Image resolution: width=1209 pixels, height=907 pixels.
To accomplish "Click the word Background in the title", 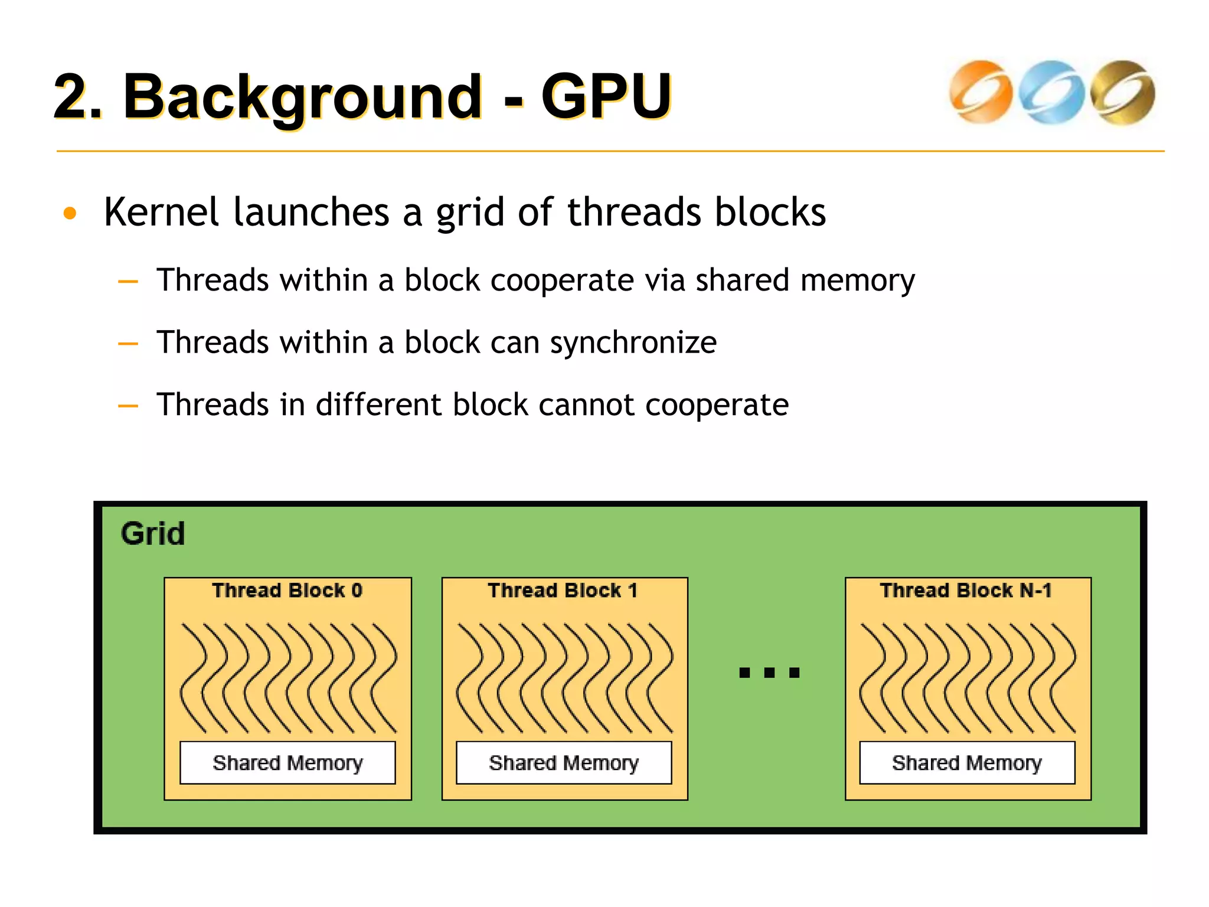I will pyautogui.click(x=302, y=96).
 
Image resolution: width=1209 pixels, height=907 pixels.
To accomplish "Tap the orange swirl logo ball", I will pyautogui.click(x=981, y=92).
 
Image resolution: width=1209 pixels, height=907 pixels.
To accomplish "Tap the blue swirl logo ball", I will pyautogui.click(x=1051, y=92).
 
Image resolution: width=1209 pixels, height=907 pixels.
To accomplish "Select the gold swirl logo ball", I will pyautogui.click(x=1122, y=92).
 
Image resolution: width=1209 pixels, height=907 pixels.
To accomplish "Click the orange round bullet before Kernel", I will pyautogui.click(x=70, y=213).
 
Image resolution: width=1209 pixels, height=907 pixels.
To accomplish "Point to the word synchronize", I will pyautogui.click(x=633, y=342).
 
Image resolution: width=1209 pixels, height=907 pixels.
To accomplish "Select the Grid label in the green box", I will pyautogui.click(x=153, y=534).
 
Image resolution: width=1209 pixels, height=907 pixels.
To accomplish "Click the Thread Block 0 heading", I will pyautogui.click(x=287, y=590).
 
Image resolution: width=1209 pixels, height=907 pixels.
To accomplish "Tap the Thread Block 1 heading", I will pyautogui.click(x=563, y=590).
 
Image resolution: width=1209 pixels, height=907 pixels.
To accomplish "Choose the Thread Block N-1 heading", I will pyautogui.click(x=966, y=590).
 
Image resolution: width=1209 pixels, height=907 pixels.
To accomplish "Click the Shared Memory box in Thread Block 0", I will pyautogui.click(x=287, y=763).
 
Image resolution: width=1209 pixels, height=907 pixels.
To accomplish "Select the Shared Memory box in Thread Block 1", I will pyautogui.click(x=564, y=763).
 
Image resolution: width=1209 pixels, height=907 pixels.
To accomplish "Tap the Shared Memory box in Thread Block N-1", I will pyautogui.click(x=967, y=763).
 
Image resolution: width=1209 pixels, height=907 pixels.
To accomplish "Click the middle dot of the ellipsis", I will pyautogui.click(x=769, y=673).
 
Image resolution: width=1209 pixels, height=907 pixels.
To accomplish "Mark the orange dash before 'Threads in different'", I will pyautogui.click(x=128, y=406).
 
